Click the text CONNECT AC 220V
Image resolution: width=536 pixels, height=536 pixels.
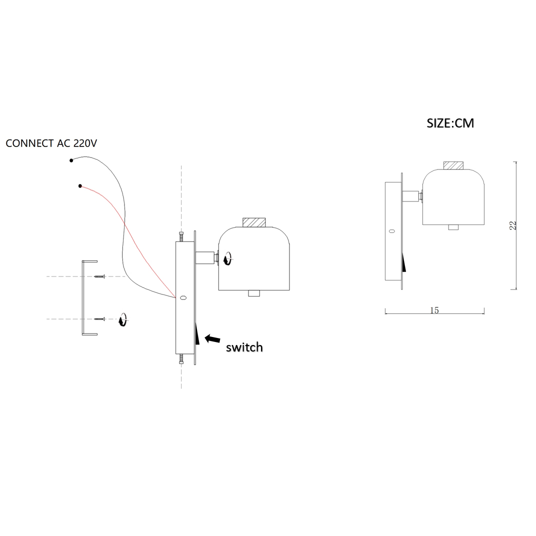click(51, 143)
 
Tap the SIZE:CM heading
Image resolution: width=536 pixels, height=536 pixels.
click(450, 123)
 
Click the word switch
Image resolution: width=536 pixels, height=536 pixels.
click(244, 347)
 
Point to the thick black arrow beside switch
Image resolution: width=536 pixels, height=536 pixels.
click(212, 339)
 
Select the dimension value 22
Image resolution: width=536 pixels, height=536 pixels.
click(512, 225)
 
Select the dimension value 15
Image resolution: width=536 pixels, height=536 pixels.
click(434, 310)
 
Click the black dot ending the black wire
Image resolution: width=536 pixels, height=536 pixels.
click(71, 160)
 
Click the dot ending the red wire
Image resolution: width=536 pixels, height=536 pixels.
click(80, 186)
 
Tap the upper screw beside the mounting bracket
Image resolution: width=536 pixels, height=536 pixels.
click(99, 276)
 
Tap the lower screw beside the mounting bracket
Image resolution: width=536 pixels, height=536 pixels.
click(99, 318)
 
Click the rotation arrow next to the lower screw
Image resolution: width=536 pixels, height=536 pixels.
click(122, 319)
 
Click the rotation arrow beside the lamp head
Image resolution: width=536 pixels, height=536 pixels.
click(227, 258)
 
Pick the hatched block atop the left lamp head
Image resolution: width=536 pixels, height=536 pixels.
click(254, 222)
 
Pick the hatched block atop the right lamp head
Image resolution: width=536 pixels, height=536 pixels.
click(453, 165)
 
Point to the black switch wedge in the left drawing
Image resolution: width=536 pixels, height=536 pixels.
click(197, 333)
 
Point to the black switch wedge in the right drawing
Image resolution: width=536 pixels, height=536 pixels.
click(403, 262)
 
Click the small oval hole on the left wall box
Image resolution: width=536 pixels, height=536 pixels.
click(183, 298)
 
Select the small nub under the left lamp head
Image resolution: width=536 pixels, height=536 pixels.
click(254, 293)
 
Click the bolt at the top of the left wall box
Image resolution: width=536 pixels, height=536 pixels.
click(181, 236)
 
